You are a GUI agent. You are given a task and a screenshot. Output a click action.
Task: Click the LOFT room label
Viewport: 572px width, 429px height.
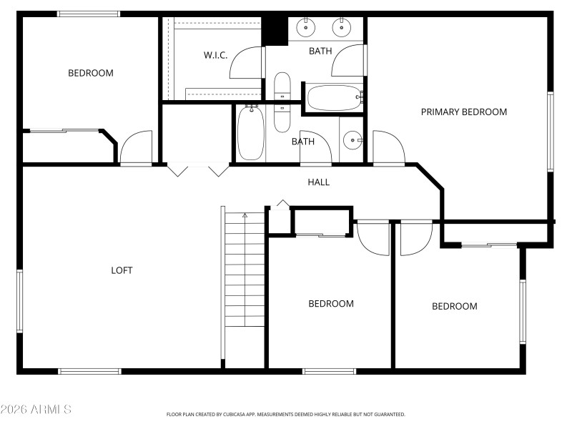tap(122, 270)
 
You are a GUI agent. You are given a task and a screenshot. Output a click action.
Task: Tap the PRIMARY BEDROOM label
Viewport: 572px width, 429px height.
tap(463, 112)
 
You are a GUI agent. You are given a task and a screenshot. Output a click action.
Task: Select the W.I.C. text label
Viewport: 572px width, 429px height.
tap(215, 55)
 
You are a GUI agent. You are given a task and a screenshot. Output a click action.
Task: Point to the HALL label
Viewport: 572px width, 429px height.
tap(318, 182)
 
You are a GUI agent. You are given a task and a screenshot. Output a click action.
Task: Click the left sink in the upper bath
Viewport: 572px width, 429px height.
tap(306, 29)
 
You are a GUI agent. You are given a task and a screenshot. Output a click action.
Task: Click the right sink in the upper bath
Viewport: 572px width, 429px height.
tap(342, 29)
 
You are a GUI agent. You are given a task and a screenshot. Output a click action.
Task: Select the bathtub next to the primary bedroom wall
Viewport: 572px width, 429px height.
tap(334, 97)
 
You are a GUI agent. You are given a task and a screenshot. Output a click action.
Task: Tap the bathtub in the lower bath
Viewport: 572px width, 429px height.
tap(250, 134)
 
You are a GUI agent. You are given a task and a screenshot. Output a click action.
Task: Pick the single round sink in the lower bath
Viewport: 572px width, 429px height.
tap(352, 140)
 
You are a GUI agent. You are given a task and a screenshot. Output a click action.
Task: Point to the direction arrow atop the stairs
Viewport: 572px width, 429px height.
tap(245, 214)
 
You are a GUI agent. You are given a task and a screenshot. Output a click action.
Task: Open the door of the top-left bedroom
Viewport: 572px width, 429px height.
tap(136, 148)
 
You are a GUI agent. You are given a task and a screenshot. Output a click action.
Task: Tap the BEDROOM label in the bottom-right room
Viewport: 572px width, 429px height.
tap(454, 306)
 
